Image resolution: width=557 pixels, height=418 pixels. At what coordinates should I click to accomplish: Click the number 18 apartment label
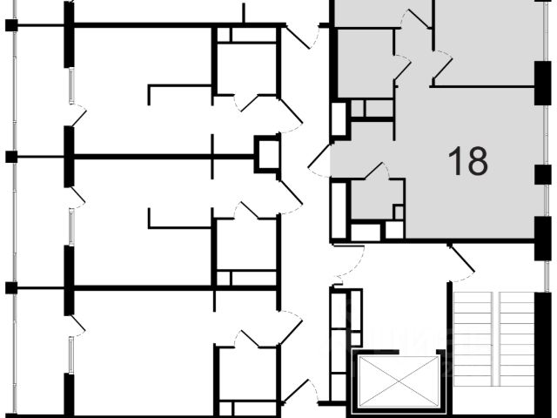[467, 160]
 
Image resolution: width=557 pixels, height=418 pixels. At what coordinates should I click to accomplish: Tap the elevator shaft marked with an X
[396, 380]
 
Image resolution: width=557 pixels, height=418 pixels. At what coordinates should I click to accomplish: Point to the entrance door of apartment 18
[319, 162]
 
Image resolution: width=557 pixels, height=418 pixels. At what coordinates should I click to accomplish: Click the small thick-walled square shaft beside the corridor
[266, 153]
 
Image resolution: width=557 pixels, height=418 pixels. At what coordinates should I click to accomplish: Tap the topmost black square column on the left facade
[11, 24]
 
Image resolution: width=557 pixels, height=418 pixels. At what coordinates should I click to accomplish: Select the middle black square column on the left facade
[11, 157]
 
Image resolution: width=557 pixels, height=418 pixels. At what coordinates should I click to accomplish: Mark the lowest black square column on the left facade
[11, 287]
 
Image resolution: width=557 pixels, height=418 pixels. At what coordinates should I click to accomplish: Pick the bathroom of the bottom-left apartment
[246, 374]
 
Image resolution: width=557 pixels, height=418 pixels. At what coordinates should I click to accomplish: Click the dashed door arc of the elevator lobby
[348, 260]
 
